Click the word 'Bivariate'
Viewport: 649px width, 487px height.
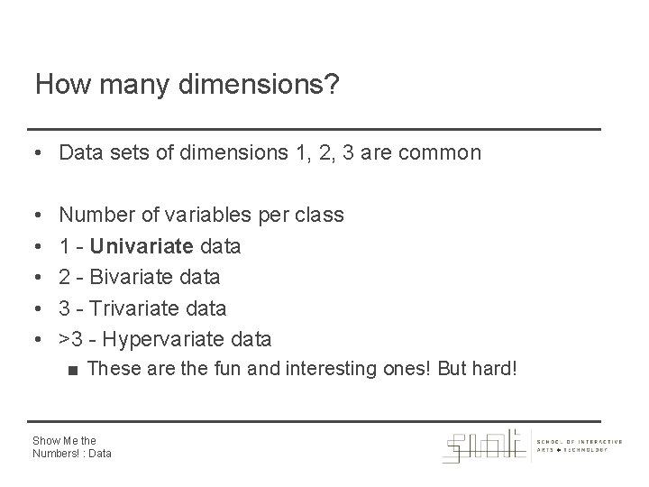[x=134, y=276]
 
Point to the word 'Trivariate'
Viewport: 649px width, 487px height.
[x=135, y=308]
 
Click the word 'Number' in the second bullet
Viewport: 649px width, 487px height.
[x=96, y=215]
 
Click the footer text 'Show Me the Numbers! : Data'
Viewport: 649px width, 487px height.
[x=71, y=446]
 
